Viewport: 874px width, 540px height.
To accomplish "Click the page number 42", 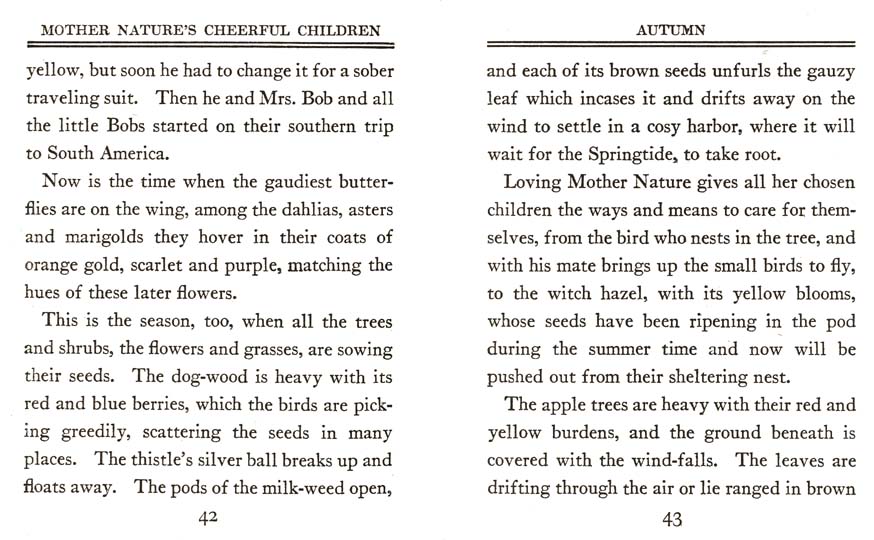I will click(x=208, y=518).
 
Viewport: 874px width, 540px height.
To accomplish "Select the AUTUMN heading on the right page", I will click(x=671, y=30).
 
